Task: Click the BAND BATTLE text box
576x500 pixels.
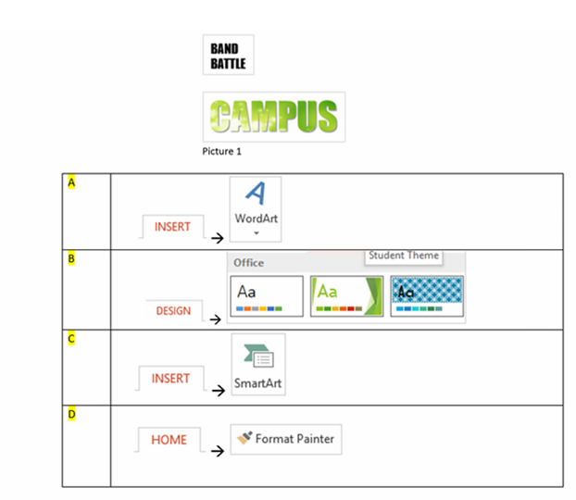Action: [x=228, y=56]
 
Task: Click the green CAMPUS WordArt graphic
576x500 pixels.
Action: [x=273, y=117]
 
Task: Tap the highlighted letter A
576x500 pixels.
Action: [x=70, y=182]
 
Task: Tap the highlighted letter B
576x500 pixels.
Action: [x=70, y=258]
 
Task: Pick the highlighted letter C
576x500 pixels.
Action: [x=70, y=338]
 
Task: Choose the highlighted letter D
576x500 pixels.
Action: [x=70, y=413]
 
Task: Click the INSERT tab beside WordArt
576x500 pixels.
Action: [x=172, y=227]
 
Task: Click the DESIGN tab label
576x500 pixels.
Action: [x=173, y=311]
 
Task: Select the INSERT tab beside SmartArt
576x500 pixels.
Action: [x=170, y=379]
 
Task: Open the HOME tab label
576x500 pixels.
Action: [x=169, y=440]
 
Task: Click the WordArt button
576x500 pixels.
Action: [x=256, y=209]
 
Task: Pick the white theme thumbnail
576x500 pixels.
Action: [x=266, y=295]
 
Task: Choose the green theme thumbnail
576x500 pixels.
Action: [x=345, y=295]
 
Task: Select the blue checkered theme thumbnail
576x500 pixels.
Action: [x=427, y=295]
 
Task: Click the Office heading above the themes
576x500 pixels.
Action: [x=248, y=263]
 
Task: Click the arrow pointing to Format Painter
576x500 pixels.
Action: [x=217, y=451]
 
